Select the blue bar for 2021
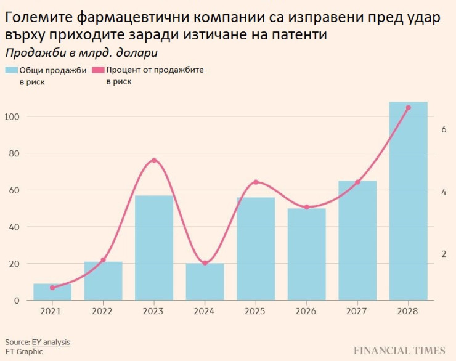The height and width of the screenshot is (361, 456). [x=52, y=292]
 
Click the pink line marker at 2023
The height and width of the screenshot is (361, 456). [x=154, y=161]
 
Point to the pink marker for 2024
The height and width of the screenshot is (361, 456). [x=205, y=263]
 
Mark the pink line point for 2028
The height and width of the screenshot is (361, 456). [x=408, y=108]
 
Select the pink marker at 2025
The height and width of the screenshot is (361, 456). [x=256, y=182]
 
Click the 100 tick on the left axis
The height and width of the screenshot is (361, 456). [x=12, y=117]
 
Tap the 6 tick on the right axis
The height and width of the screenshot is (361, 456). [x=444, y=129]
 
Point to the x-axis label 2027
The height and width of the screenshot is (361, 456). [x=357, y=312]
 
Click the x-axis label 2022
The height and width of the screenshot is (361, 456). [x=103, y=312]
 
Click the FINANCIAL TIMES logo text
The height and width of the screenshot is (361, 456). [x=399, y=351]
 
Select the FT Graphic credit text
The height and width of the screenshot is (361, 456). [x=24, y=352]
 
